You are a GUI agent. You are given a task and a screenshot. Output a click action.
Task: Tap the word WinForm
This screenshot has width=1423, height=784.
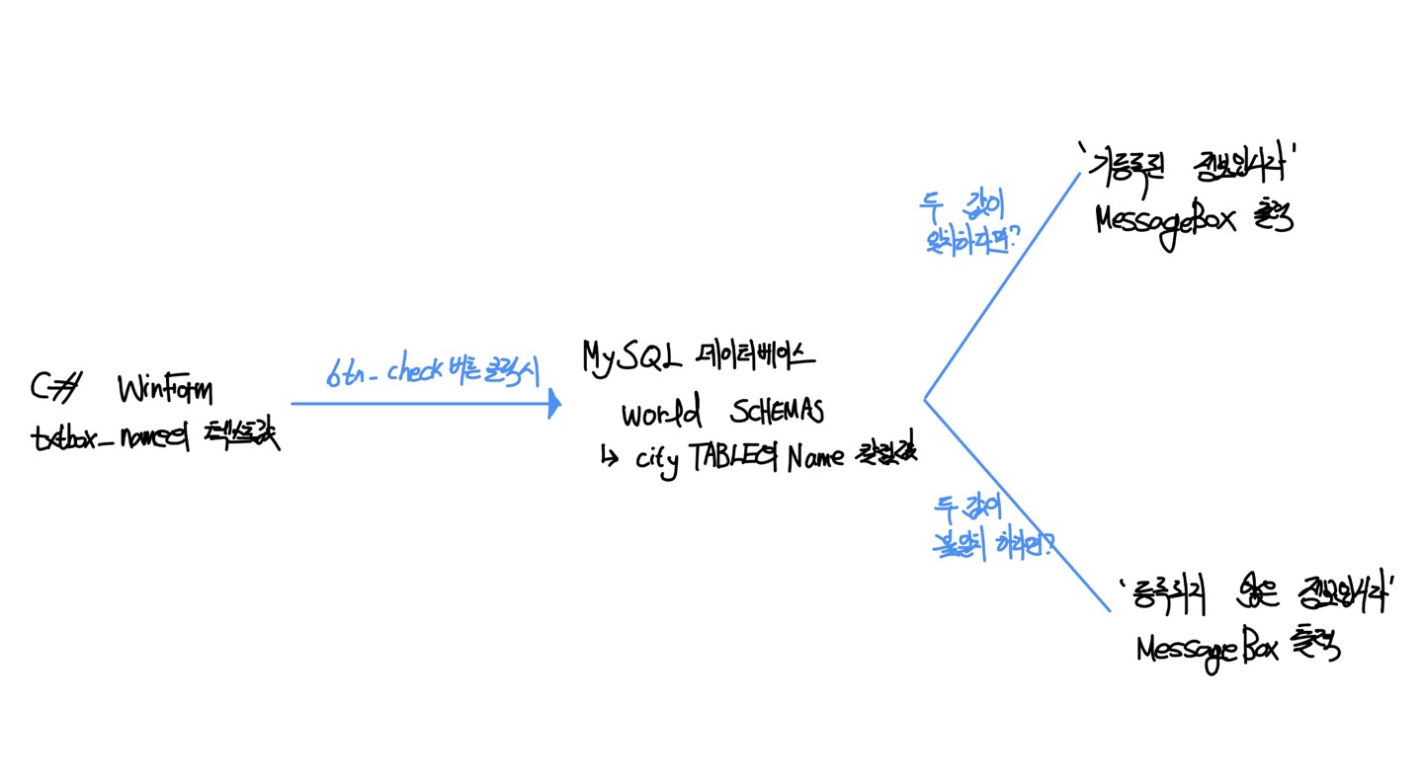(164, 390)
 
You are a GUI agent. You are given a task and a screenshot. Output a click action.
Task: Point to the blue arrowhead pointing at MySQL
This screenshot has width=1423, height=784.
(554, 403)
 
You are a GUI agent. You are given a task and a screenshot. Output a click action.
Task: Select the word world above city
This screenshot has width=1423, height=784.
(662, 412)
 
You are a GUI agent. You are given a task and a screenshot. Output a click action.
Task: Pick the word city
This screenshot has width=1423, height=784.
(657, 460)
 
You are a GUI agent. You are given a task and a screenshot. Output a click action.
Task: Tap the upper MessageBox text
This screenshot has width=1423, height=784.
(1166, 222)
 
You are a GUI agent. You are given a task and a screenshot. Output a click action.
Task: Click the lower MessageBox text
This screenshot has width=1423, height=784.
(1208, 649)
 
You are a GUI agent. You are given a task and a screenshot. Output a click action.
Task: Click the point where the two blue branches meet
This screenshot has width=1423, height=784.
(925, 400)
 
